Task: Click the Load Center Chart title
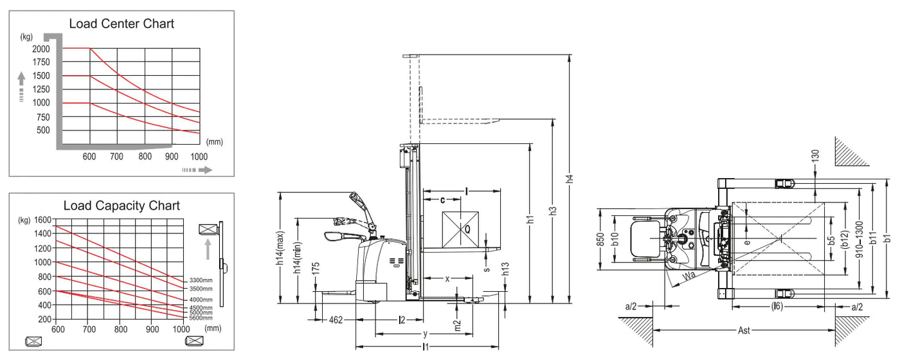click(122, 24)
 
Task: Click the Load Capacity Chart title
click(122, 206)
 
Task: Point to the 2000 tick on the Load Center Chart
click(41, 49)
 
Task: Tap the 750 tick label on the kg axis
click(43, 117)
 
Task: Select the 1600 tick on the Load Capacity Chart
click(42, 220)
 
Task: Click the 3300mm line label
click(201, 280)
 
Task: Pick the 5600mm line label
click(201, 318)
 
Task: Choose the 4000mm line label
click(201, 300)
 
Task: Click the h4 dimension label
click(570, 179)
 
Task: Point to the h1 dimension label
click(530, 219)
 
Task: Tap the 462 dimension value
click(336, 320)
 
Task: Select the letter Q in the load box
click(467, 230)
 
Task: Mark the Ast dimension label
click(744, 330)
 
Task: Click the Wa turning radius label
click(688, 276)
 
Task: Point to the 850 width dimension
click(600, 239)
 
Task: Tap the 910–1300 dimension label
click(859, 239)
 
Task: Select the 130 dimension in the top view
click(815, 156)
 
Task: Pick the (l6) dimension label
click(777, 306)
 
